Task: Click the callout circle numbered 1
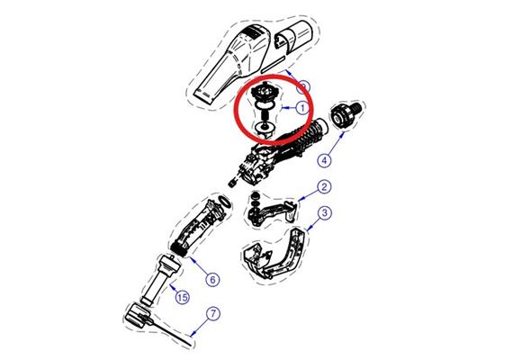click(303, 107)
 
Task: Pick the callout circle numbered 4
click(324, 159)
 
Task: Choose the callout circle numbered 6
click(212, 279)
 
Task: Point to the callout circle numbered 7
click(212, 314)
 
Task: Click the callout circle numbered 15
click(182, 298)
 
